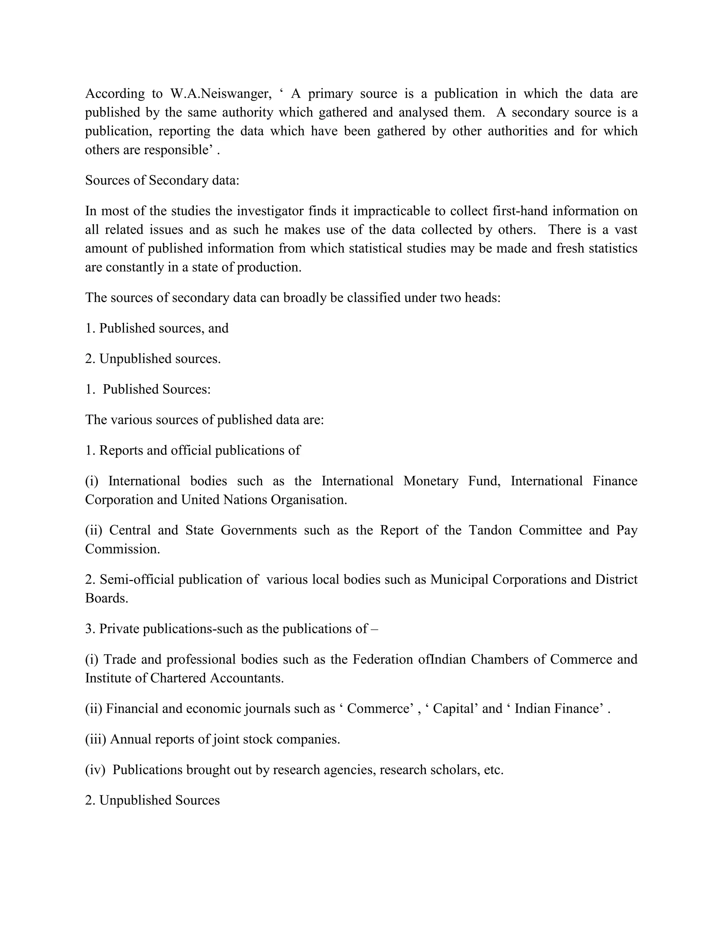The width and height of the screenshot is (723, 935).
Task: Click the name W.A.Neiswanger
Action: point(221,94)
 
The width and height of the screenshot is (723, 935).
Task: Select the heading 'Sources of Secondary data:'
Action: point(162,180)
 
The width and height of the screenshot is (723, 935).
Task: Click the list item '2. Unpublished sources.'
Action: point(153,359)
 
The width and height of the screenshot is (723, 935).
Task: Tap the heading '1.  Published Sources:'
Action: point(148,389)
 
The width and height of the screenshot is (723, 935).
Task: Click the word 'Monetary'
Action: point(430,481)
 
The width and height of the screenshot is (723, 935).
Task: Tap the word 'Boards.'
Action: point(107,598)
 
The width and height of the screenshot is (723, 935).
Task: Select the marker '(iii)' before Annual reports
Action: point(95,739)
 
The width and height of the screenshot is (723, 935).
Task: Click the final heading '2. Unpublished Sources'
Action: point(152,800)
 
